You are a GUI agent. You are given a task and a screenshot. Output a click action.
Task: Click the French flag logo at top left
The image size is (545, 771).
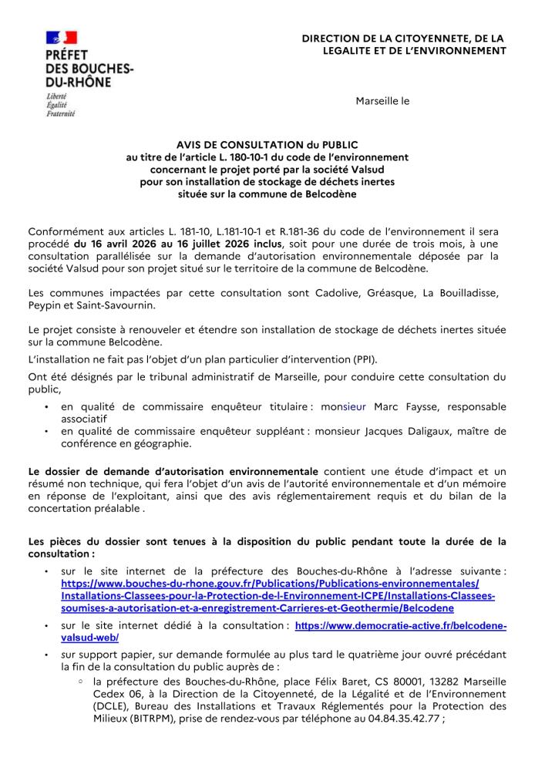point(61,36)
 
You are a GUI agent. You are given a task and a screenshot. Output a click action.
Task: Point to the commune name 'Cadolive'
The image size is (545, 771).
point(338,293)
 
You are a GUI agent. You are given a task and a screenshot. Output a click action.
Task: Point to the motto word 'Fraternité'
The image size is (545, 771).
point(61,113)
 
